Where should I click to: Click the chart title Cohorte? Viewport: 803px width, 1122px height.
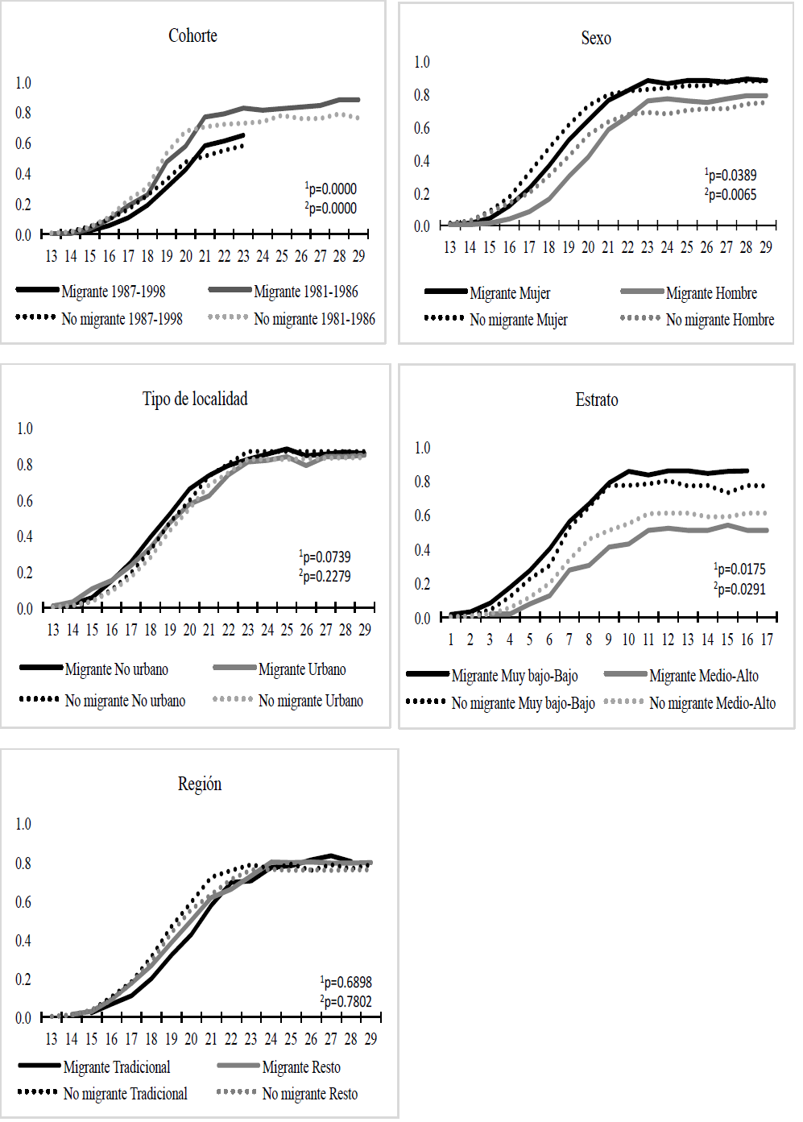192,35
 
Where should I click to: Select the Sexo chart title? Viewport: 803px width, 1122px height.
596,38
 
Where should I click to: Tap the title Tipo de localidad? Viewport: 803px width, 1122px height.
195,399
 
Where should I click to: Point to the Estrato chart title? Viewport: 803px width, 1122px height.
597,400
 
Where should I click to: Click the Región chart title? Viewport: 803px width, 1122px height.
200,784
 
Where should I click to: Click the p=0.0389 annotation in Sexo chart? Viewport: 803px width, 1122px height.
731,175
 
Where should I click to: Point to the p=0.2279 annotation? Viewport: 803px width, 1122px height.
325,576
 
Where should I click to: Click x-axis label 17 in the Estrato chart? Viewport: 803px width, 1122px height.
767,640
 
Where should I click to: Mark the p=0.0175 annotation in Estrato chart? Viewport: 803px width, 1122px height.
740,569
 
